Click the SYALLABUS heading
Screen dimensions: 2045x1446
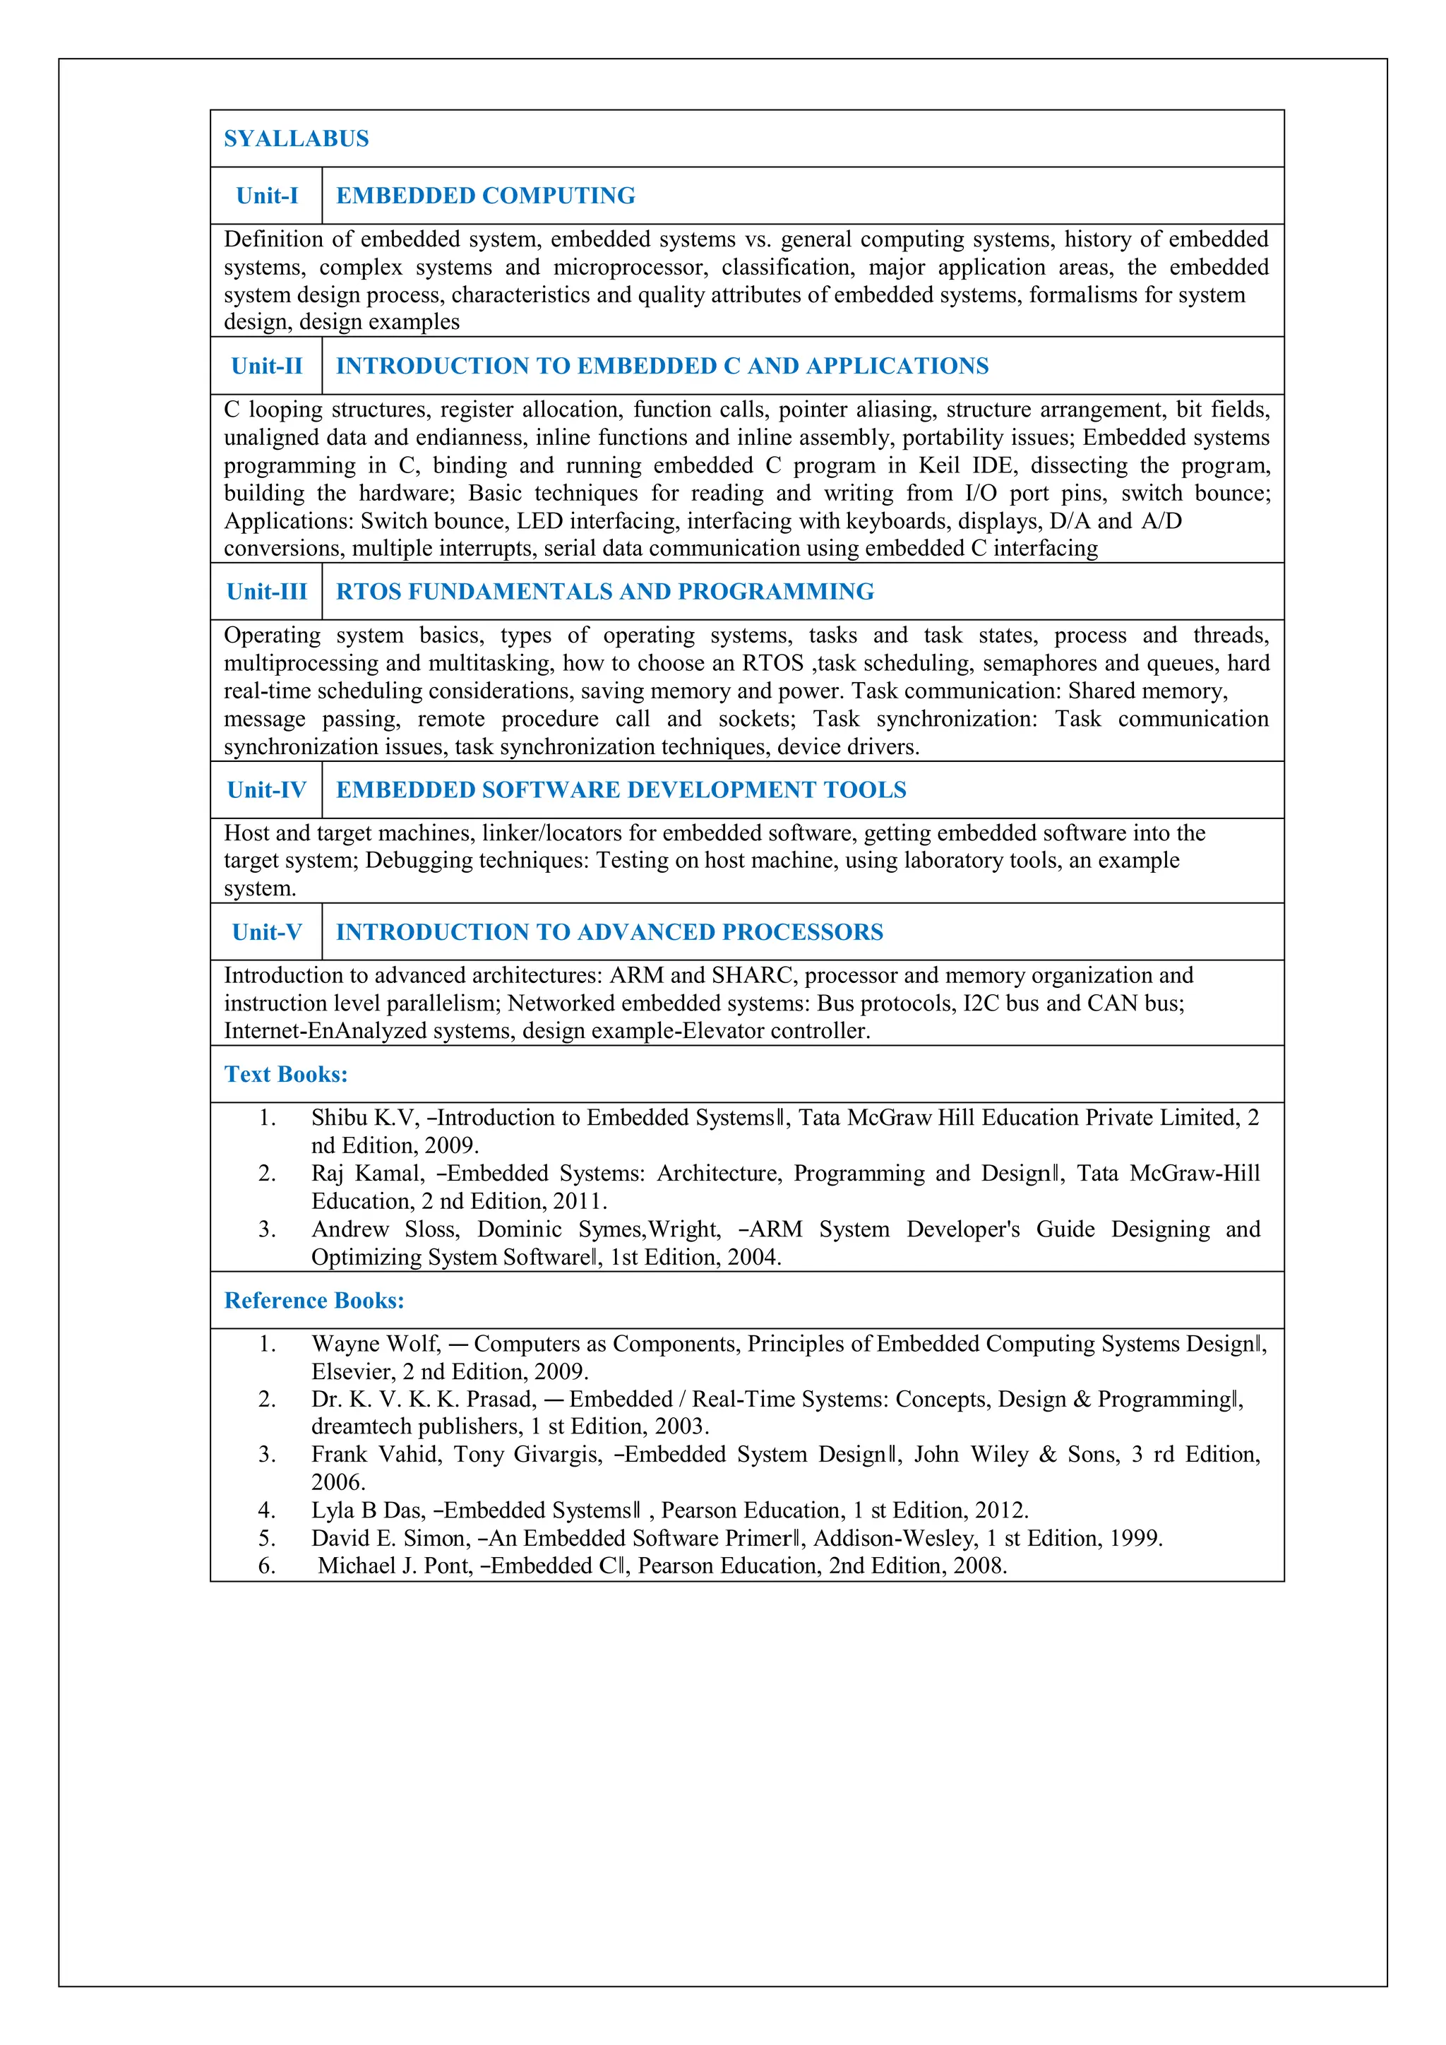point(296,139)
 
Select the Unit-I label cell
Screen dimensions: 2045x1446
point(266,196)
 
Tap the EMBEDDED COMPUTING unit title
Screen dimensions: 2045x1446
point(485,196)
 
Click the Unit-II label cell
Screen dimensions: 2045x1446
point(266,366)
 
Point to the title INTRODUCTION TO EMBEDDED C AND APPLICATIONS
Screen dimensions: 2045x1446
point(662,366)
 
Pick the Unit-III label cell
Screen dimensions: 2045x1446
point(266,592)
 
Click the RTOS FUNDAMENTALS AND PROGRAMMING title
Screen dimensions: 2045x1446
point(604,592)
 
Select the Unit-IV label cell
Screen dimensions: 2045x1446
point(266,790)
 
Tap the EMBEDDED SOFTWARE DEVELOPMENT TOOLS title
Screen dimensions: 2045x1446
point(621,790)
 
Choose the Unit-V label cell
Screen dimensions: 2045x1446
point(266,933)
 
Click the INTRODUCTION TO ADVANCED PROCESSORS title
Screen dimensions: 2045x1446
point(609,933)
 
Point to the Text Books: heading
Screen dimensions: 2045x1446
point(286,1074)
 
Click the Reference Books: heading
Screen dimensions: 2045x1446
point(313,1301)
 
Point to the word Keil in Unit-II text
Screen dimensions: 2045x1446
point(938,466)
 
